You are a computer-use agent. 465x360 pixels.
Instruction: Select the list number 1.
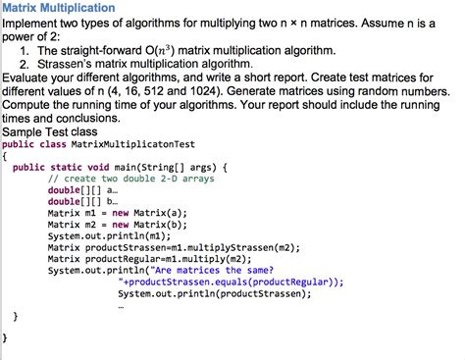coord(25,49)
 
